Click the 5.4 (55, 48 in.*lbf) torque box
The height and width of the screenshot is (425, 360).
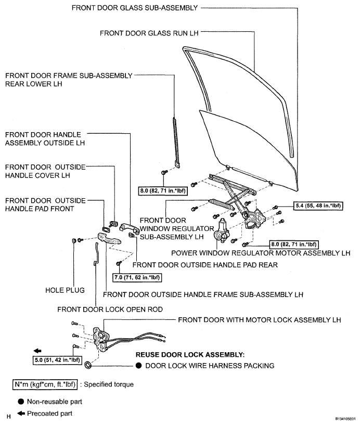pos(318,205)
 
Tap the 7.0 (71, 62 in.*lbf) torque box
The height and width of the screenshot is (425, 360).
pos(137,278)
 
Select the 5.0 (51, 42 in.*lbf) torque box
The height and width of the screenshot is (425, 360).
pos(57,360)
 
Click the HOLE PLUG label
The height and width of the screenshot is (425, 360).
pos(65,290)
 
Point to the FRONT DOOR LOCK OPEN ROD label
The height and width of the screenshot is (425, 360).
pos(110,310)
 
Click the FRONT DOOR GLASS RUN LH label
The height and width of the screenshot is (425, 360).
pos(149,33)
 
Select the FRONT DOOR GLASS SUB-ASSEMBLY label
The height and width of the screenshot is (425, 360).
pos(135,8)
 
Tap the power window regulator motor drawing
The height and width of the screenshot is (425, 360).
pos(221,231)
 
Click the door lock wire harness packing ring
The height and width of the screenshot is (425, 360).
pos(88,365)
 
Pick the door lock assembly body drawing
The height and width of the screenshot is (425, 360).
pos(100,339)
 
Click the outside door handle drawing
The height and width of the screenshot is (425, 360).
pos(130,227)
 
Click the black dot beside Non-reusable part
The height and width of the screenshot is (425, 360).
pos(21,402)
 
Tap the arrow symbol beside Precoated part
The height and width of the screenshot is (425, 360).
pos(21,414)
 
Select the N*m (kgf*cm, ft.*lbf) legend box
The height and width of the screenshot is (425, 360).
pos(45,384)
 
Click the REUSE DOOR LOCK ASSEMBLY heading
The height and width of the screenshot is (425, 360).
pos(190,355)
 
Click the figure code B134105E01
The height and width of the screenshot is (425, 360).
pos(345,419)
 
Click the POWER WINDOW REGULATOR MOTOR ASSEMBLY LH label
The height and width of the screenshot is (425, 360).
pos(261,253)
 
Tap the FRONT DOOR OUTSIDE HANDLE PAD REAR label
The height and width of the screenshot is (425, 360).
pos(205,265)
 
